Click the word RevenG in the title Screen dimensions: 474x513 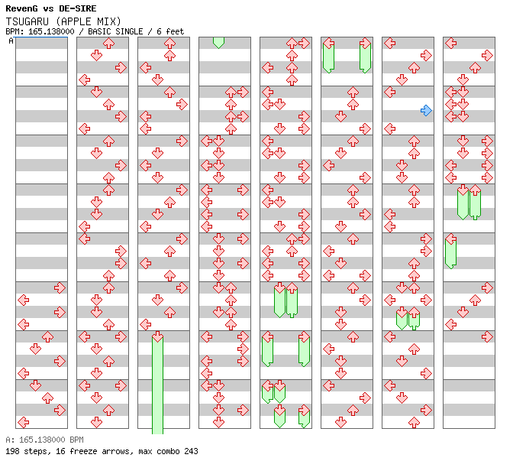22,8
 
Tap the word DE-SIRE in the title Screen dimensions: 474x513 77,8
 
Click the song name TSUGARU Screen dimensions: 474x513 27,21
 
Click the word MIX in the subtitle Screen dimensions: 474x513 108,21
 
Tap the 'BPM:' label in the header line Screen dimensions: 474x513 13,31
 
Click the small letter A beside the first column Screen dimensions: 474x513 11,41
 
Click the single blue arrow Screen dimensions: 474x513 426,110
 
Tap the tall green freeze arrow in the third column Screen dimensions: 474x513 157,382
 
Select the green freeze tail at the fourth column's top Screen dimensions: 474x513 218,42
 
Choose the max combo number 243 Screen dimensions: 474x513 191,451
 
